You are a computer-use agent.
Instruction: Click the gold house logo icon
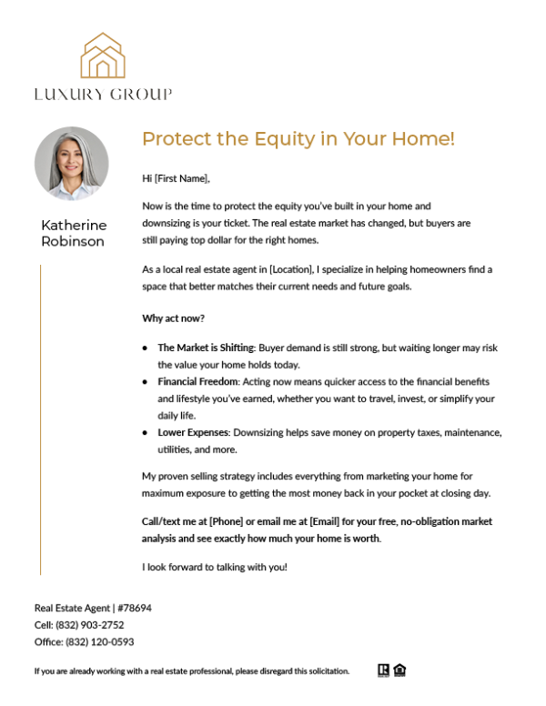click(x=103, y=55)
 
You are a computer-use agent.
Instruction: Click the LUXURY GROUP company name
click(x=103, y=94)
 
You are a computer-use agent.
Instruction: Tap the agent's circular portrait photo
click(x=72, y=164)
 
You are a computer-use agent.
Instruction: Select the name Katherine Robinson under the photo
click(x=74, y=233)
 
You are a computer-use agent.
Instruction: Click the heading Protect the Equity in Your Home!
click(x=298, y=139)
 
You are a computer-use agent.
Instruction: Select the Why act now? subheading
click(x=173, y=318)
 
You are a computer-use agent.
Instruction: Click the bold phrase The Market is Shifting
click(x=206, y=348)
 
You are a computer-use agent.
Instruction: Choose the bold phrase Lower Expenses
click(x=193, y=432)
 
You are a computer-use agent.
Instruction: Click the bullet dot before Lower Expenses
click(x=145, y=433)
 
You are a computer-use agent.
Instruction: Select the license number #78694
click(x=134, y=608)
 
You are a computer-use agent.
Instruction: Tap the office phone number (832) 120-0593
click(x=99, y=641)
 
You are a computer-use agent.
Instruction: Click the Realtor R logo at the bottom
click(x=383, y=671)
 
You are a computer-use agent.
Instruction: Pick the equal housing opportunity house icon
click(x=400, y=671)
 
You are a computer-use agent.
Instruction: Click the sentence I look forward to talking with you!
click(x=215, y=568)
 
